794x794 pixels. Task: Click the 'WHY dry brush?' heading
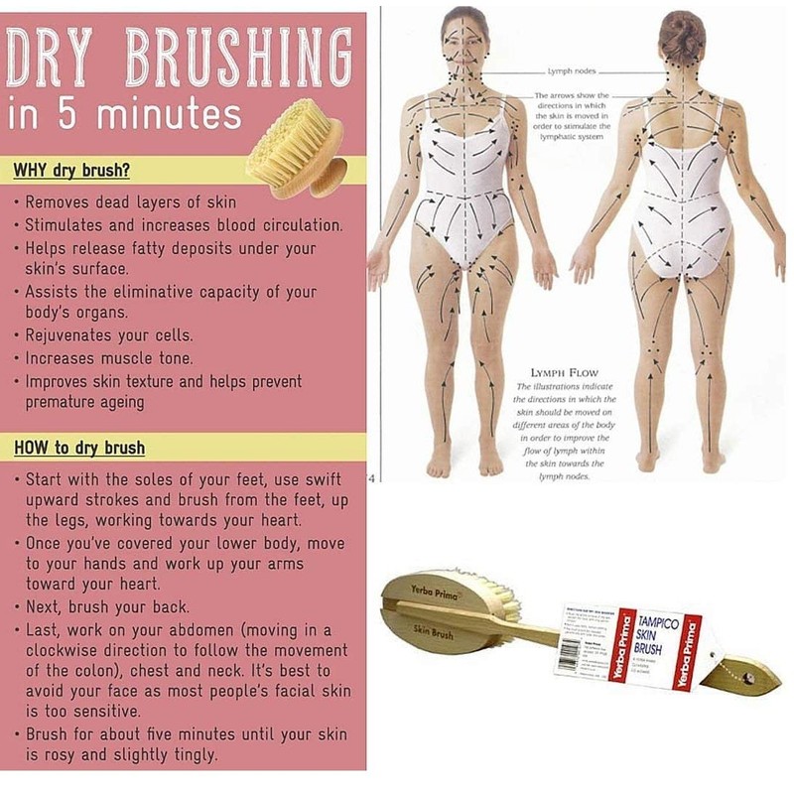tap(70, 169)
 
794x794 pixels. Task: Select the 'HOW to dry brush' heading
tap(78, 448)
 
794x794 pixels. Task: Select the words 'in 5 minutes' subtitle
tap(124, 115)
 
